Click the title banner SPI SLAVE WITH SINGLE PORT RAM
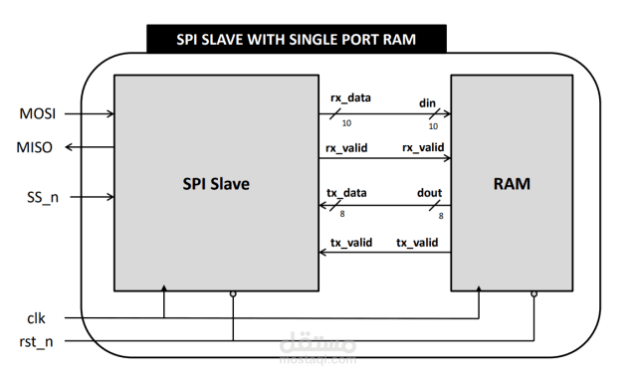(296, 40)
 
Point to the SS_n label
(40, 196)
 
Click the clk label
(36, 319)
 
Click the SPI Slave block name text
(215, 184)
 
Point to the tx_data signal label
(348, 192)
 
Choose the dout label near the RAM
(430, 192)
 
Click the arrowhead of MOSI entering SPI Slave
(109, 113)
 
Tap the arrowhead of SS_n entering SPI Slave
(109, 196)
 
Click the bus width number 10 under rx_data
(346, 124)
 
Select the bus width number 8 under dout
(440, 215)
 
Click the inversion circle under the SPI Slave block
(233, 294)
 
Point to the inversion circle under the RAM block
(534, 294)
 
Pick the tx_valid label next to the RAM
(416, 243)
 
